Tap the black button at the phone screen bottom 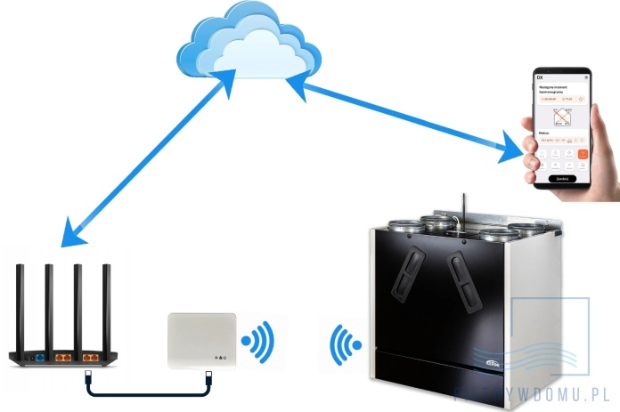point(561,178)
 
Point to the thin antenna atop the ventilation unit point(461,206)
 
